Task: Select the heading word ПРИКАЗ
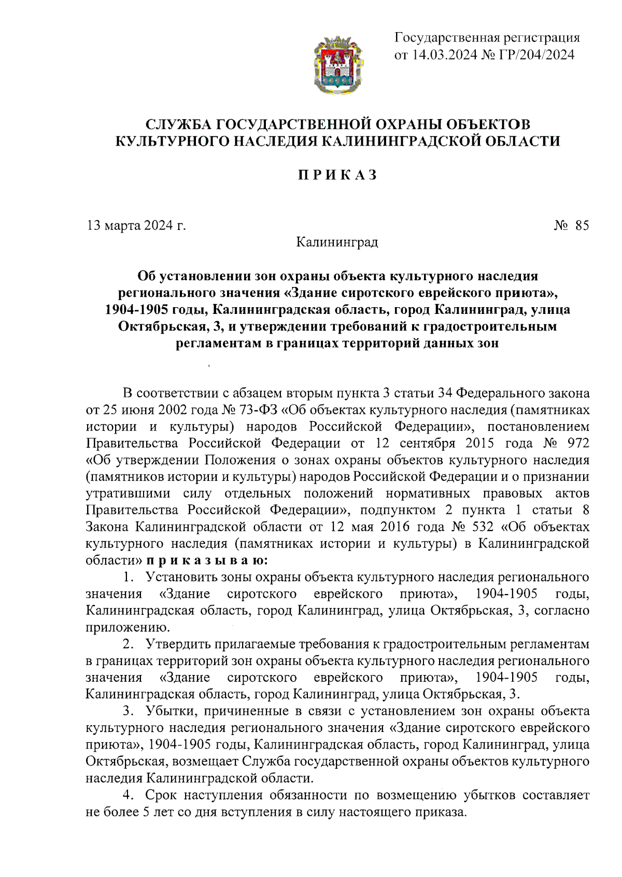(337, 175)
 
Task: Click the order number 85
(582, 225)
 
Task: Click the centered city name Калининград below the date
(337, 242)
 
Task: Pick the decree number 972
(577, 443)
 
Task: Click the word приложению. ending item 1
(128, 627)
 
